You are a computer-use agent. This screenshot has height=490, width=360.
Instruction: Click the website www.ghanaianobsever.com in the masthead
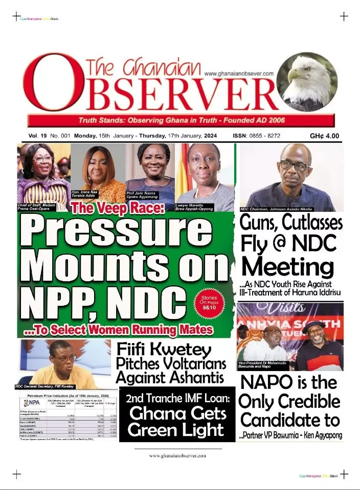pos(239,74)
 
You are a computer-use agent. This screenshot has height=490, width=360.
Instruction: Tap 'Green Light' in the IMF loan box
pos(176,430)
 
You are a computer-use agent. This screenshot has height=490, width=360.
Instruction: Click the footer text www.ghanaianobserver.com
pos(177,455)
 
